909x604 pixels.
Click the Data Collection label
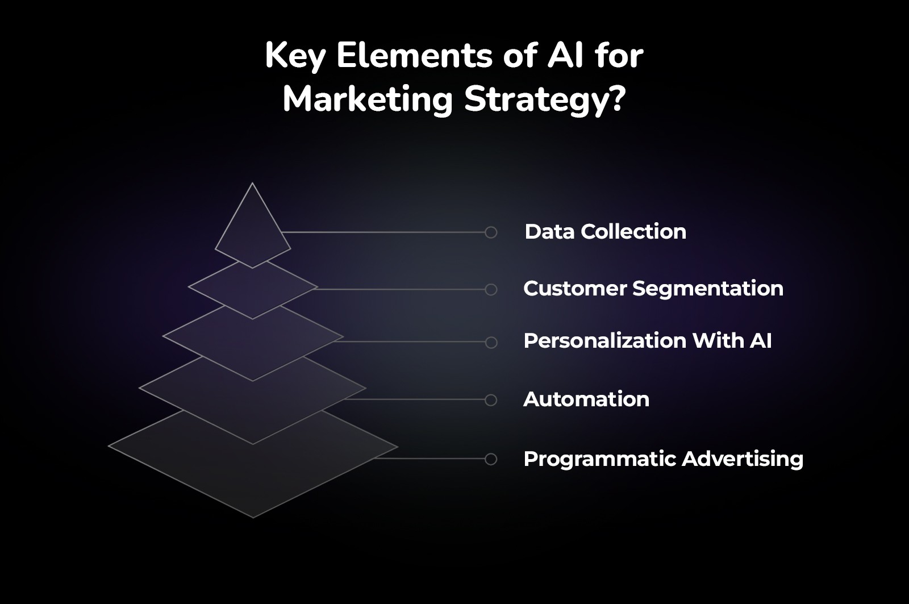pyautogui.click(x=605, y=232)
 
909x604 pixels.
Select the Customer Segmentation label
pyautogui.click(x=653, y=289)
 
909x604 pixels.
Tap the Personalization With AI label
pyautogui.click(x=647, y=341)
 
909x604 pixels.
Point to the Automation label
pyautogui.click(x=586, y=399)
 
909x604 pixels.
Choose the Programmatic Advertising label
pyautogui.click(x=663, y=459)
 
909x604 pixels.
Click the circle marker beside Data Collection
pyautogui.click(x=491, y=232)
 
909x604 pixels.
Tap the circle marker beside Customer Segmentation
pyautogui.click(x=491, y=290)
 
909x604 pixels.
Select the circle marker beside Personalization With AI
pyautogui.click(x=491, y=343)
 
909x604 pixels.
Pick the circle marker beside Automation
pyautogui.click(x=491, y=400)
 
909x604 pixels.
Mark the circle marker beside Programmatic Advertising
pyautogui.click(x=491, y=459)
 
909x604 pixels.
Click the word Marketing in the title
pyautogui.click(x=367, y=99)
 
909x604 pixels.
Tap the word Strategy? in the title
pyautogui.click(x=545, y=101)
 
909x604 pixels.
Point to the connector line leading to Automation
pyautogui.click(x=415, y=399)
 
